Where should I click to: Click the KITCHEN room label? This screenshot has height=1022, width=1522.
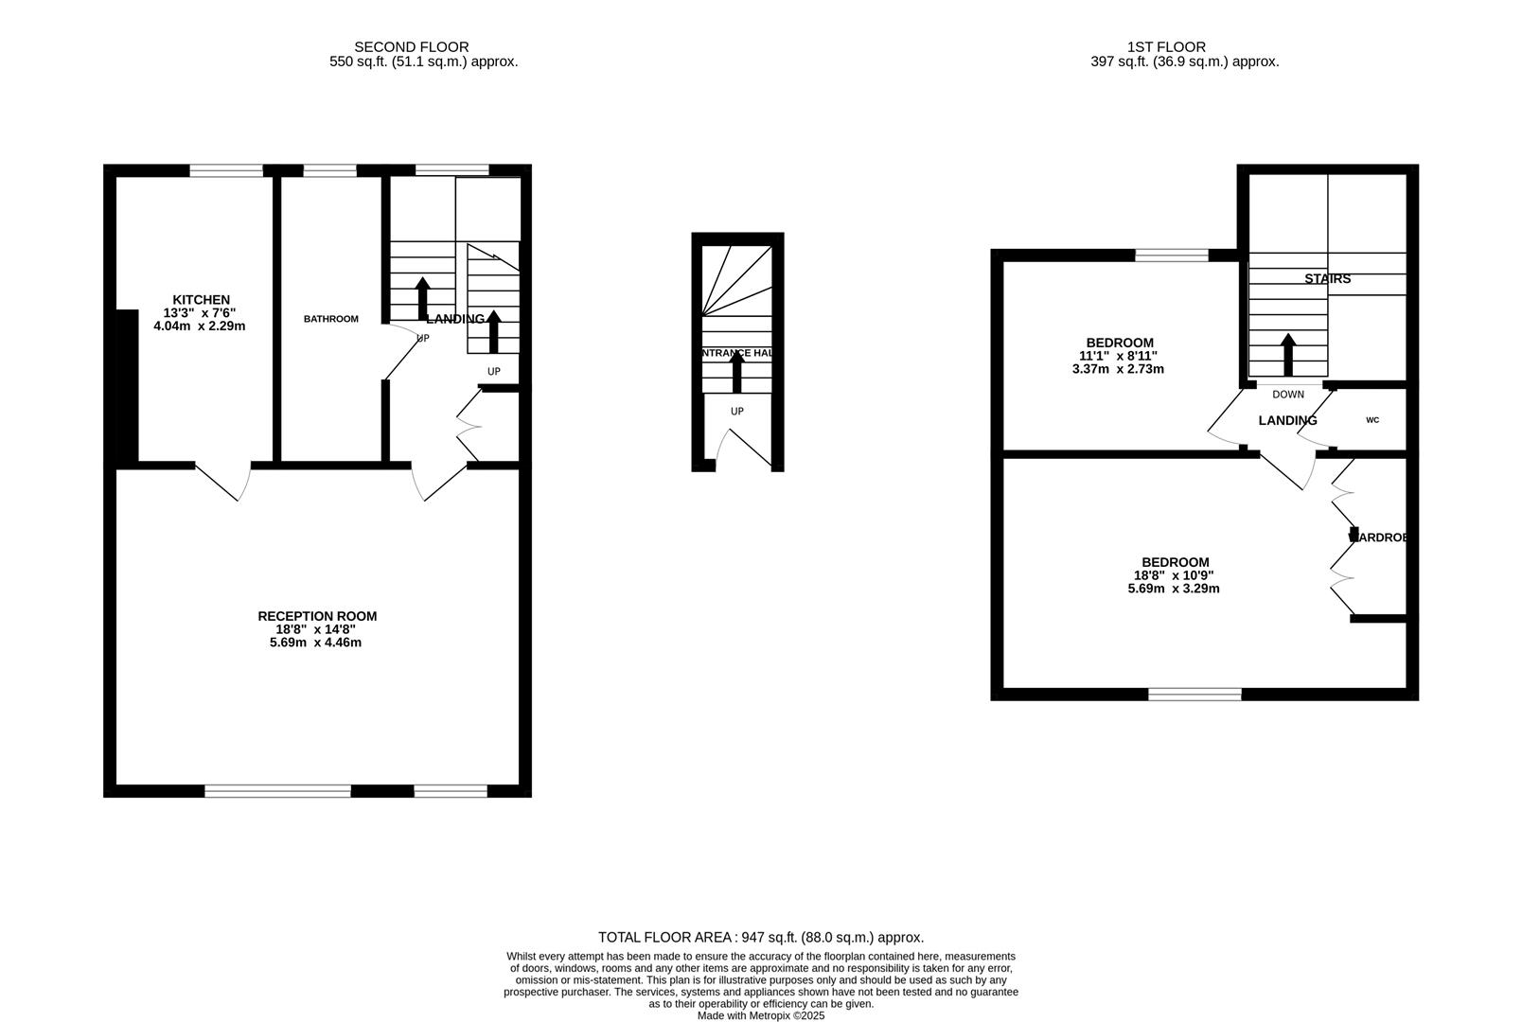[x=201, y=300]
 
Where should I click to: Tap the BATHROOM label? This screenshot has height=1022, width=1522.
[x=330, y=319]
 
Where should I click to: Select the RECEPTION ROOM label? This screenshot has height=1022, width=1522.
[x=317, y=616]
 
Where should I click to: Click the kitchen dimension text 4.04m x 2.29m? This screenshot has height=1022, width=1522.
[x=199, y=326]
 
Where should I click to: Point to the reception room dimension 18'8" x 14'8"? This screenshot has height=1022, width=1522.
[x=315, y=629]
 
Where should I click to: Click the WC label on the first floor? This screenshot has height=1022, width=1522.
[x=1372, y=420]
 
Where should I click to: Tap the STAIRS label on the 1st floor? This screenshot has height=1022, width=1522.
[x=1327, y=279]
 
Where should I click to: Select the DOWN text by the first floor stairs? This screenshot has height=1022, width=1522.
[x=1287, y=395]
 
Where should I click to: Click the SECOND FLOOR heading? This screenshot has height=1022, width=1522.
[x=411, y=46]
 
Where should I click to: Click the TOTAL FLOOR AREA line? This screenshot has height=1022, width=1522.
[x=761, y=938]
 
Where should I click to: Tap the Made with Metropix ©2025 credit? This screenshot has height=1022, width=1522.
[x=761, y=1015]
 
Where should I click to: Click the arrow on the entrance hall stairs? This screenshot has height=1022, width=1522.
[x=737, y=372]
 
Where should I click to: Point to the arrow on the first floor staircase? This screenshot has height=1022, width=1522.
[x=1287, y=354]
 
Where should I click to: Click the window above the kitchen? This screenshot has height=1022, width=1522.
[x=226, y=170]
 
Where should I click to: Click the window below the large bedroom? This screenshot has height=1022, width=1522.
[x=1195, y=695]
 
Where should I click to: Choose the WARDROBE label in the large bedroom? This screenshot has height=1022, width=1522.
[x=1378, y=537]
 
